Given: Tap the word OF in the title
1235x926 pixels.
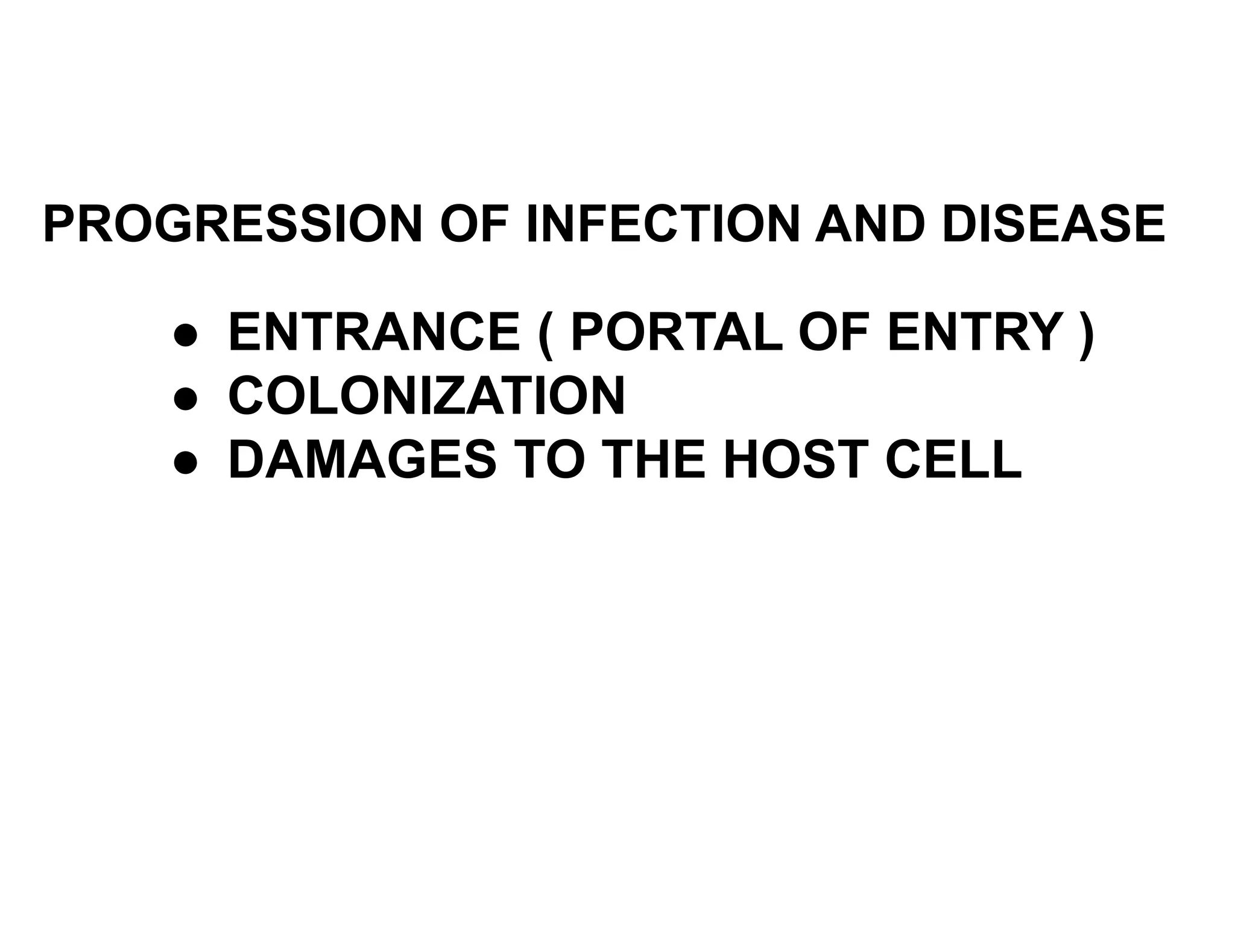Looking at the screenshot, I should (478, 224).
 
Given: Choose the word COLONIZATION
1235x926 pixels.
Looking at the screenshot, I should (426, 396).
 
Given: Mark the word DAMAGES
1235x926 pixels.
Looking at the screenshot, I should (362, 460).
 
